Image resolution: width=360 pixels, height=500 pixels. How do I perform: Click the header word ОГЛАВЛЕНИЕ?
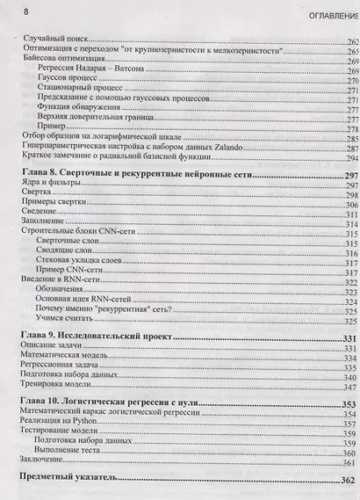pos(326,18)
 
